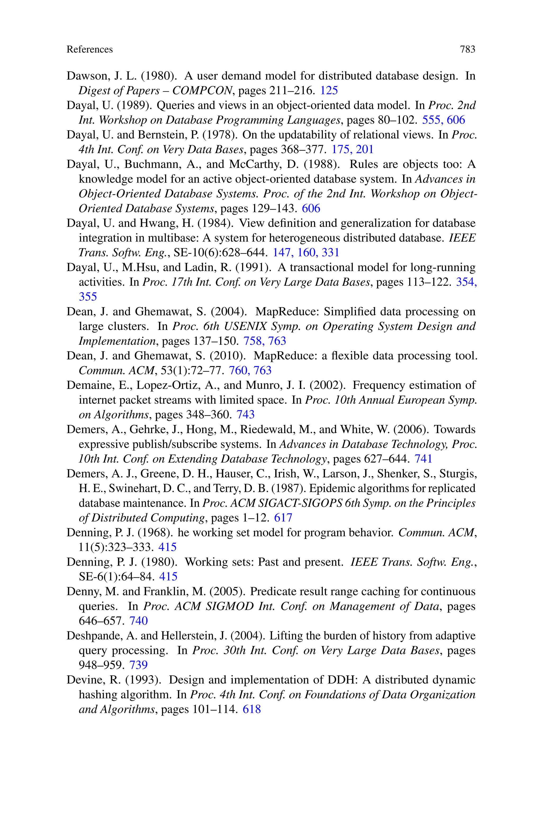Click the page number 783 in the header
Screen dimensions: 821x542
pos(467,49)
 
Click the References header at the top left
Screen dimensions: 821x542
pos(89,49)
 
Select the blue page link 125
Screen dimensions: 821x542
pos(329,90)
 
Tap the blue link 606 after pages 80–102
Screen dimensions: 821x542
pos(456,120)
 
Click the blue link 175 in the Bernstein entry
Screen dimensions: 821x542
pos(341,149)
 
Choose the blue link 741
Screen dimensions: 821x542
pos(423,458)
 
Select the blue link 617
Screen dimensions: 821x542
pos(283,517)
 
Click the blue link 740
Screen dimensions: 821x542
pos(139,621)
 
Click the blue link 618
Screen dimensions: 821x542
pos(252,709)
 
